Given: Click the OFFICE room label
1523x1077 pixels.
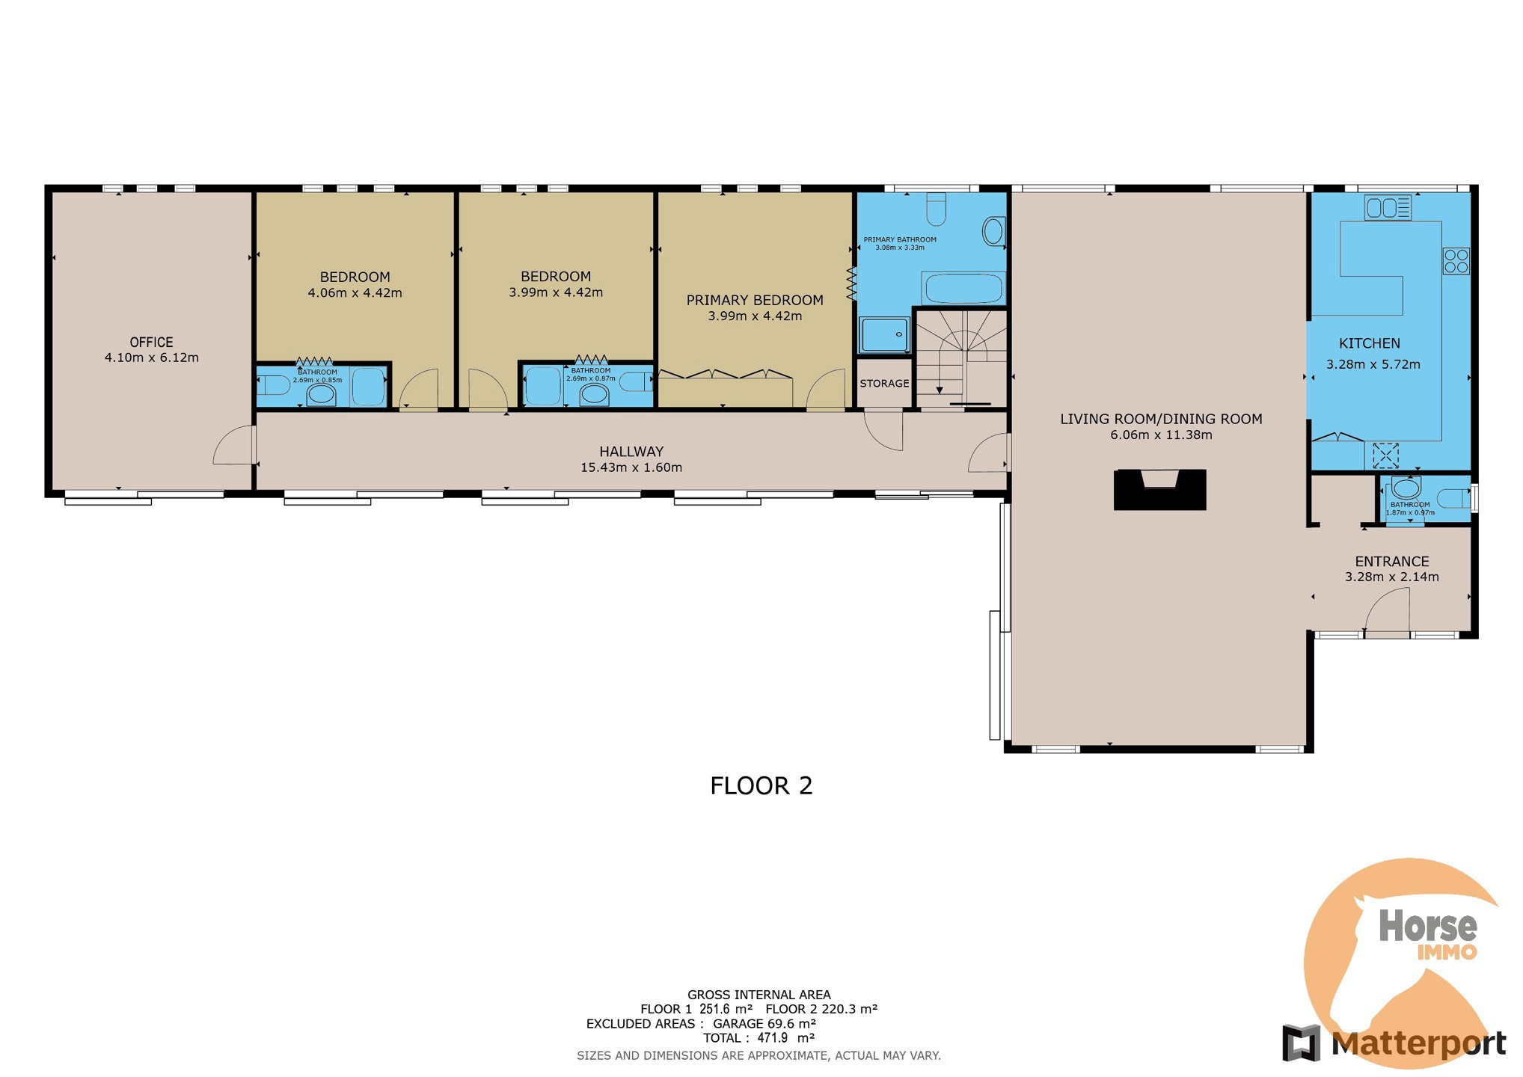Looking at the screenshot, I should (151, 342).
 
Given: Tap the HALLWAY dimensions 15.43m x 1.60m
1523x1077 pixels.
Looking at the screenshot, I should (631, 467).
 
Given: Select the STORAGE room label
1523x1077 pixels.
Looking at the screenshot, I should (884, 383).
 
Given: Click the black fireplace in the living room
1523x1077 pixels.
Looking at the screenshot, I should (1159, 491).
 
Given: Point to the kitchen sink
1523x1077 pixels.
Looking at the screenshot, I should (1388, 207).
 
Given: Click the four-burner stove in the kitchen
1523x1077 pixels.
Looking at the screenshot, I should (1456, 261).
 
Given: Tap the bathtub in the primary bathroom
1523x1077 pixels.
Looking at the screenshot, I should (962, 288).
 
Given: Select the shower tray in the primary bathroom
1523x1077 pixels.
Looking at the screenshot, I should (883, 334).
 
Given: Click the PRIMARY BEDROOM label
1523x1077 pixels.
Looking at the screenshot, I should (754, 300).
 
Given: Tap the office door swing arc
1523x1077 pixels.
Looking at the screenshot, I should (233, 446).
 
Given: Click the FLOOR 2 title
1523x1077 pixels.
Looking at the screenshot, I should (761, 785).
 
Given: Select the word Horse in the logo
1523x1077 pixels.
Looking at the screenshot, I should (1427, 926).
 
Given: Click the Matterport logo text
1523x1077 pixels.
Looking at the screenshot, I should (1418, 1043).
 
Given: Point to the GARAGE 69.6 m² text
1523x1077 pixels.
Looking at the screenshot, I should (763, 1023).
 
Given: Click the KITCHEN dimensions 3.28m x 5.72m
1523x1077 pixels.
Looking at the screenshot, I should (1373, 364).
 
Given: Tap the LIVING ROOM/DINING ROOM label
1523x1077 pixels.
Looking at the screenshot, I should (1160, 419).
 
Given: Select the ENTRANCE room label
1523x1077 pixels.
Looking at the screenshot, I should (1391, 561).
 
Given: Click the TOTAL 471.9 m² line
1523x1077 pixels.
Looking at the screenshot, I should (758, 1038).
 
